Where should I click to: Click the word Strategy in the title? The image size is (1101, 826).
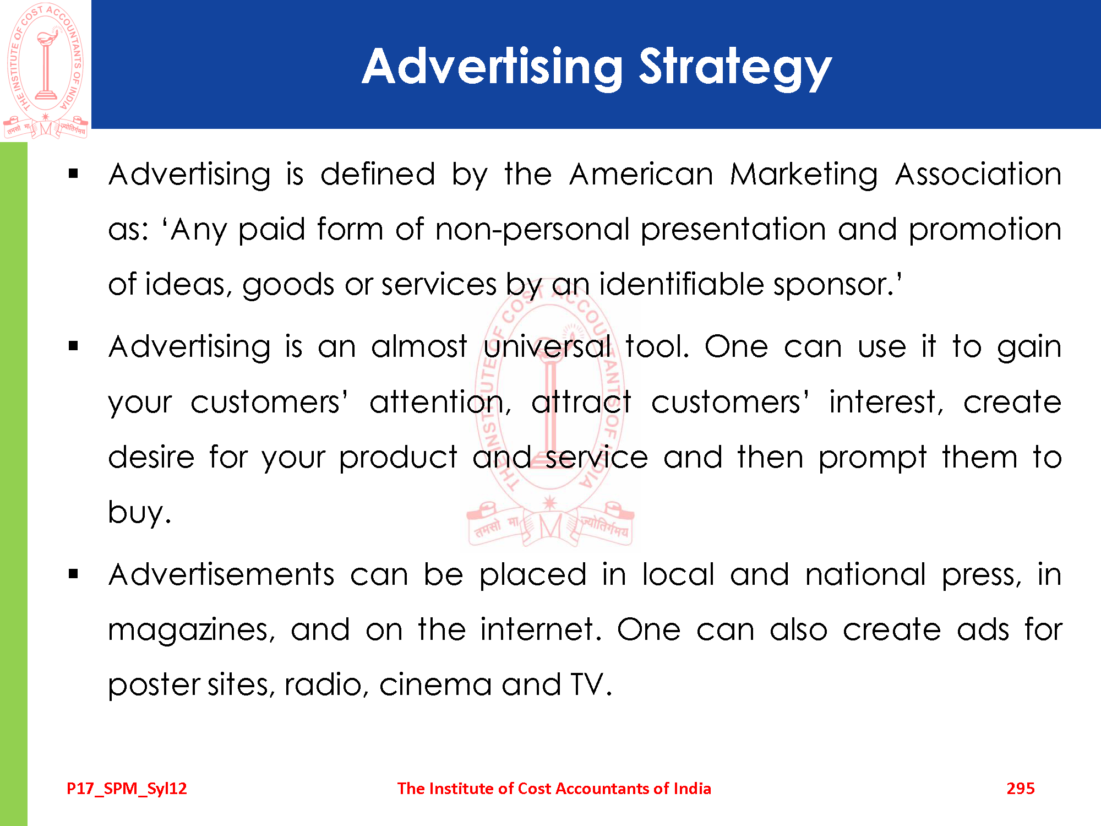coord(735,68)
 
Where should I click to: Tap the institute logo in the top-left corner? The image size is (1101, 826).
coord(46,70)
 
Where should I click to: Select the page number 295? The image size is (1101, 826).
coord(1021,789)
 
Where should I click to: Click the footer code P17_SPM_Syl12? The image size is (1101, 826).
coord(127,789)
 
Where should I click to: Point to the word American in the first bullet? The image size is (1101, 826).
coord(641,175)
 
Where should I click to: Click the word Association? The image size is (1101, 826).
coord(978,175)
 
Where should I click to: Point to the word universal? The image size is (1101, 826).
coord(547,347)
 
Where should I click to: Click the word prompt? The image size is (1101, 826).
coord(873,459)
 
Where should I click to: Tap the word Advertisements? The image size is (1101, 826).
coord(221,575)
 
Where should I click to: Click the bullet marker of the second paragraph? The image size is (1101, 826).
coord(74,346)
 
